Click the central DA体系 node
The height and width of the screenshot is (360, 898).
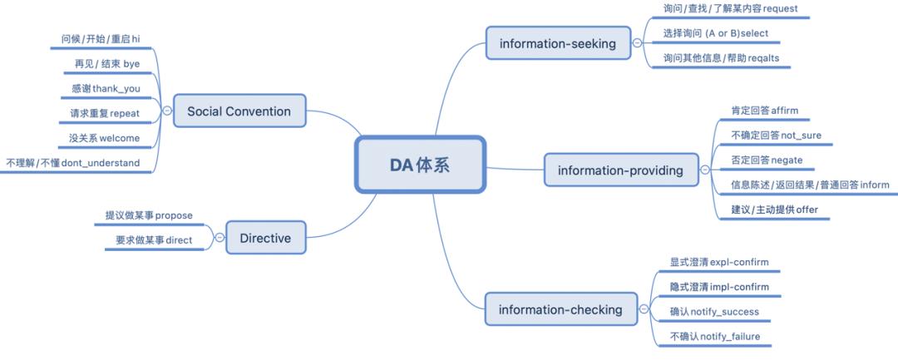click(x=420, y=164)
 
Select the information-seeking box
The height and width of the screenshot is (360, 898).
click(x=558, y=43)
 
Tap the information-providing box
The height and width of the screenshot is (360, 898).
click(x=620, y=170)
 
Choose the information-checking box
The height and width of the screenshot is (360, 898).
click(x=560, y=310)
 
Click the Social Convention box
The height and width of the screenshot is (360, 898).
click(x=239, y=111)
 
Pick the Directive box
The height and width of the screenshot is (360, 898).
click(x=265, y=238)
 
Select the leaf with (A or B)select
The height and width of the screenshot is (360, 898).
click(x=715, y=33)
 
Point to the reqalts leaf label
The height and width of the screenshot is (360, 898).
click(x=721, y=57)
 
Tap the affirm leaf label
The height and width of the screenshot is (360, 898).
click(x=764, y=110)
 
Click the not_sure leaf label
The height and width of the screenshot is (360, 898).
click(x=776, y=135)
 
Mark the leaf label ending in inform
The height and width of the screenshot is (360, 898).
click(x=809, y=185)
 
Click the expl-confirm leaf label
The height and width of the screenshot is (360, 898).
click(x=718, y=262)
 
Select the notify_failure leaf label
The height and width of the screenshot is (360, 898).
click(x=714, y=337)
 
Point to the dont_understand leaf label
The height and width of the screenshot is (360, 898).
click(x=73, y=163)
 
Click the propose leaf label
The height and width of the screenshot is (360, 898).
click(x=149, y=215)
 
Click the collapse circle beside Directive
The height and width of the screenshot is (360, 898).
click(x=220, y=238)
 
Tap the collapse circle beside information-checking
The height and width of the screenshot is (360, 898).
click(x=644, y=310)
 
